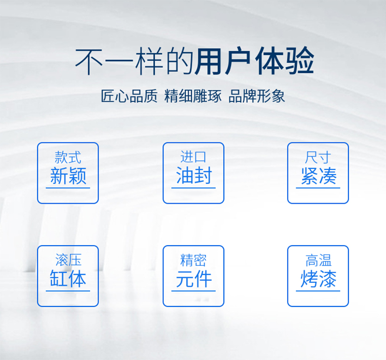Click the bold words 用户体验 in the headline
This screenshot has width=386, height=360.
(x=254, y=61)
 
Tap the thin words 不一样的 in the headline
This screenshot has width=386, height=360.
(x=134, y=61)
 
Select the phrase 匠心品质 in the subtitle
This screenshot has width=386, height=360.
(x=129, y=96)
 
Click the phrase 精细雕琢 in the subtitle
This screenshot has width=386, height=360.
(x=193, y=96)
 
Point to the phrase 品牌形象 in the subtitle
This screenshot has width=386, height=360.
(x=257, y=96)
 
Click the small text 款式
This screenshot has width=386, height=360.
(x=68, y=157)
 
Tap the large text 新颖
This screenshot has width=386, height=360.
(x=68, y=176)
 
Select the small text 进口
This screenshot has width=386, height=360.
(x=193, y=157)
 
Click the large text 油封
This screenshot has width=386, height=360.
(x=194, y=175)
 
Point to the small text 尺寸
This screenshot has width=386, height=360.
(x=318, y=157)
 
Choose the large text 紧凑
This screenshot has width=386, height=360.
(x=318, y=176)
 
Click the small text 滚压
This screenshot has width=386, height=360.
(x=68, y=260)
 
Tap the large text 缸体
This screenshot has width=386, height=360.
(x=68, y=278)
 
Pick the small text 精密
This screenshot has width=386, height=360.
(x=193, y=260)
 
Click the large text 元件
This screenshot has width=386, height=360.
(x=194, y=279)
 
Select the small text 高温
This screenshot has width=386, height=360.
(x=318, y=260)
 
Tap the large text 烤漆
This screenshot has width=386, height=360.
(x=318, y=279)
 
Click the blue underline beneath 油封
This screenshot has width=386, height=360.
(x=193, y=188)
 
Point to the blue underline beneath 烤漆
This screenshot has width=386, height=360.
(x=318, y=291)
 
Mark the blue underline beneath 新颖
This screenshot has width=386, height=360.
(x=68, y=188)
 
